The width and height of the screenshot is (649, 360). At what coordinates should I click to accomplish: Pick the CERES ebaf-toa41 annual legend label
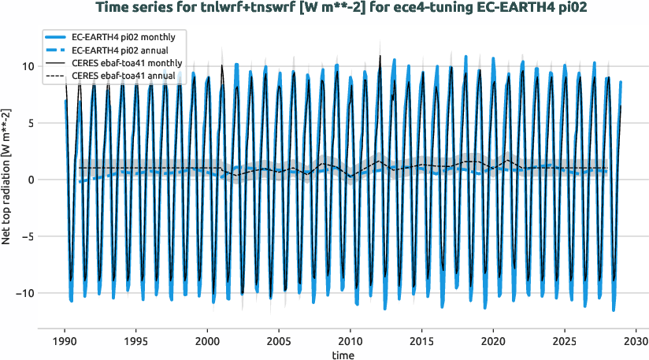coord(124,76)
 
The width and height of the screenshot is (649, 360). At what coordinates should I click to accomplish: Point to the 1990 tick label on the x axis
coord(65,343)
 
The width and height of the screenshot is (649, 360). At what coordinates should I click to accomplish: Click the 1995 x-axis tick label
coord(136,343)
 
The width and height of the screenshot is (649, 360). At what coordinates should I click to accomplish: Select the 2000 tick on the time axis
coord(207,343)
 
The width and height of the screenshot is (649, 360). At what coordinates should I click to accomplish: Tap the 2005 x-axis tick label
coord(279,343)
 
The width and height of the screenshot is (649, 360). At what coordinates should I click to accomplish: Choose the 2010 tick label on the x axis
coord(350,343)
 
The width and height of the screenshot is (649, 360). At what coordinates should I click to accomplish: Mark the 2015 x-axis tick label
coord(422,343)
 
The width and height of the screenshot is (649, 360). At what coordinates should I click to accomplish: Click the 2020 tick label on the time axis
coord(493,343)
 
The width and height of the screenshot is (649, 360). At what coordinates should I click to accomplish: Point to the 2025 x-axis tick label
coord(565,343)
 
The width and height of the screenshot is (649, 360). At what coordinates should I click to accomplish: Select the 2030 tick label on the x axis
coord(636,343)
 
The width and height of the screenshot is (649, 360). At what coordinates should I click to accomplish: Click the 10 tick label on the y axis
coord(28,66)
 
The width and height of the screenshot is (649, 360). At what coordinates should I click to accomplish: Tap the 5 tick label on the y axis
coord(31,123)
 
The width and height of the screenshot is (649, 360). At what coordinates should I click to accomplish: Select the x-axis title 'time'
coord(343,356)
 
